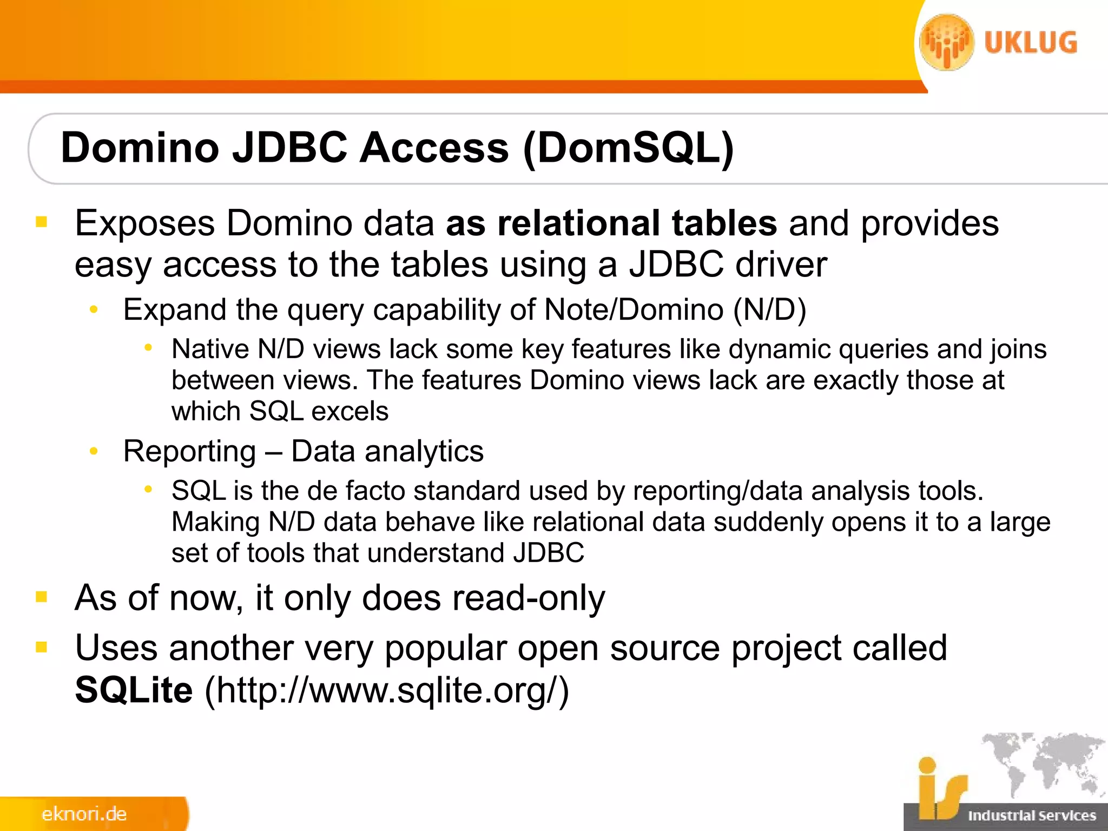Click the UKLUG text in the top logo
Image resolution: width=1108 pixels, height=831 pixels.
pyautogui.click(x=1030, y=43)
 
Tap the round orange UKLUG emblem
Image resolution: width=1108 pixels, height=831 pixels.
pyautogui.click(x=946, y=42)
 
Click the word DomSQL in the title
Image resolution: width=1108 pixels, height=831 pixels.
pyautogui.click(x=628, y=148)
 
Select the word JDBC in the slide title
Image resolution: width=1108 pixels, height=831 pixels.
pyautogui.click(x=289, y=148)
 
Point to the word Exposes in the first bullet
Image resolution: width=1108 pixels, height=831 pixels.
pyautogui.click(x=144, y=223)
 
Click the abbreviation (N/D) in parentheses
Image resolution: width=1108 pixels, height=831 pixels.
pyautogui.click(x=769, y=310)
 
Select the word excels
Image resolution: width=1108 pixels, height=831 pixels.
pyautogui.click(x=349, y=411)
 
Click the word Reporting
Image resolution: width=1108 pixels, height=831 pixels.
pyautogui.click(x=189, y=451)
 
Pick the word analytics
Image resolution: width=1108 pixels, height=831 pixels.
pyautogui.click(x=424, y=451)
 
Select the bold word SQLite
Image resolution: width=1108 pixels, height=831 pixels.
pyautogui.click(x=134, y=690)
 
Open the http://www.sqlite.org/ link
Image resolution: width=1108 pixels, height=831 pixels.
pyautogui.click(x=387, y=690)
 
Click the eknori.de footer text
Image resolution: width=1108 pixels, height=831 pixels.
pyautogui.click(x=84, y=814)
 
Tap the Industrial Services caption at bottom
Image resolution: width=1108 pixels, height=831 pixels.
pyautogui.click(x=1032, y=815)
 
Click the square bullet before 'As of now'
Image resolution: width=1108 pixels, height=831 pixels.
pyautogui.click(x=42, y=597)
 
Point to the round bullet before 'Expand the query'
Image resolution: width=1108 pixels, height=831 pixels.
pyautogui.click(x=94, y=310)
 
